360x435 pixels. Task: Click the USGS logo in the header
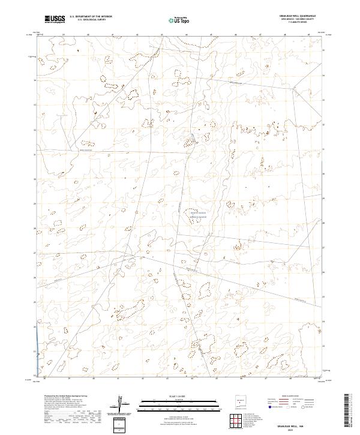[55, 19]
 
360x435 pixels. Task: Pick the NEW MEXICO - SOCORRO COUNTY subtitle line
[298, 19]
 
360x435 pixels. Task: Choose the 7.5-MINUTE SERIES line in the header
[298, 22]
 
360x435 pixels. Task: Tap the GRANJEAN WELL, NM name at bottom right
[299, 424]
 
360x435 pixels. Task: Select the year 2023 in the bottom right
[299, 428]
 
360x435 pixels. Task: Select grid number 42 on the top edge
[138, 35]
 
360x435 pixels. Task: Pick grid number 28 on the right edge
[325, 223]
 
